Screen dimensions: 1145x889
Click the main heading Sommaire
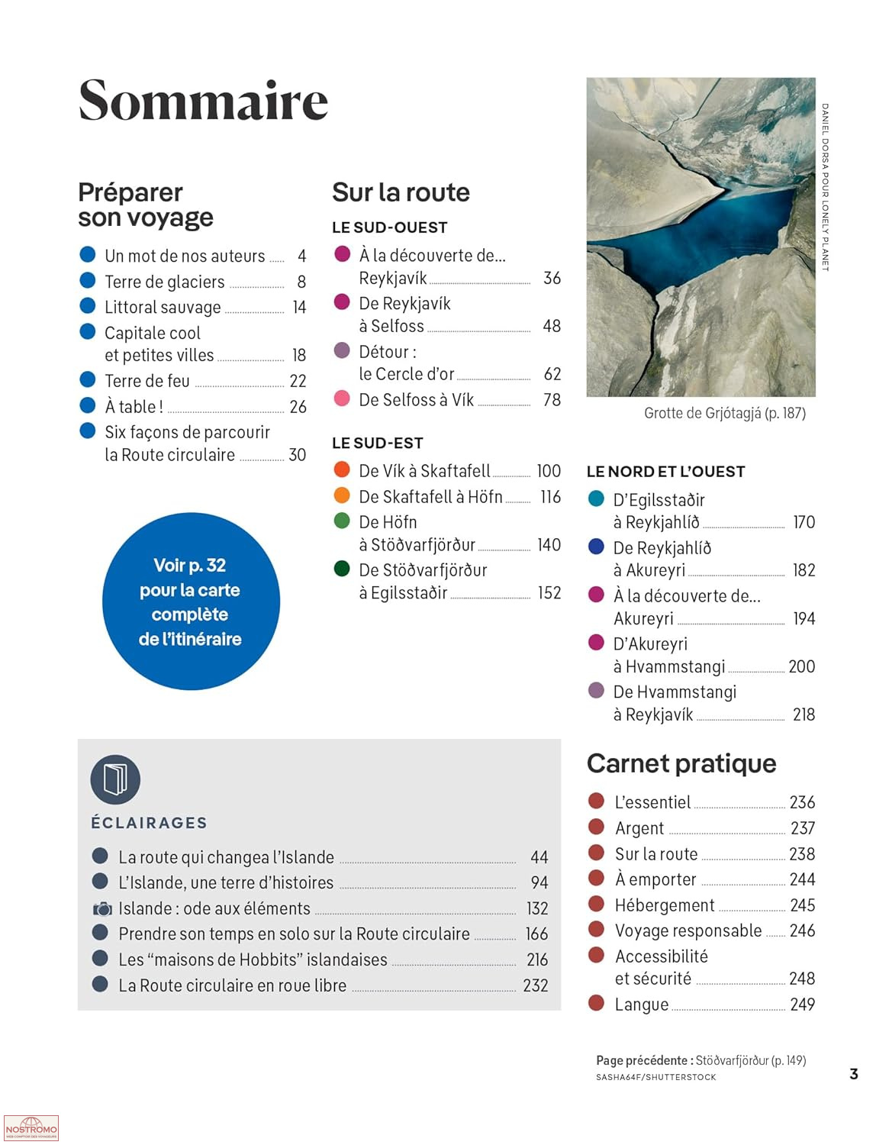(203, 101)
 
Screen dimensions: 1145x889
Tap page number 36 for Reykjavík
(552, 278)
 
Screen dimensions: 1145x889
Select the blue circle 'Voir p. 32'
(191, 602)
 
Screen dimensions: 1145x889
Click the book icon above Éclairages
(115, 779)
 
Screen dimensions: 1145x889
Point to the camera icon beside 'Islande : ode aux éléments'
(101, 908)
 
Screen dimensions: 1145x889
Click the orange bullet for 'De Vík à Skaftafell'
(342, 469)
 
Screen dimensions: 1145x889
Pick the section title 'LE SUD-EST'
(377, 443)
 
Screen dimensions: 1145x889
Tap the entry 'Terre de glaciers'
(165, 282)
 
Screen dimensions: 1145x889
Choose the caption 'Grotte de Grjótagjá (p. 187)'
(724, 413)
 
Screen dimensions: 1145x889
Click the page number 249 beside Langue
(802, 1005)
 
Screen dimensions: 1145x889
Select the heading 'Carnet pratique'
(681, 763)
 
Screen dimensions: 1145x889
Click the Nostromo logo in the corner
(31, 1127)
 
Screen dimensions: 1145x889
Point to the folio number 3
(854, 1074)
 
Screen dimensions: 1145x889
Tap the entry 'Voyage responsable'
(688, 931)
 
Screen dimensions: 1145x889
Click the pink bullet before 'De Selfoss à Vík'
(342, 398)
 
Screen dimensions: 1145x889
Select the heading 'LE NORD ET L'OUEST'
(665, 472)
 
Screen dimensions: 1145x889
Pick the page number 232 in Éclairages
(535, 985)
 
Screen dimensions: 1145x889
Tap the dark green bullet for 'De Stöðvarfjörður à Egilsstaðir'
(342, 569)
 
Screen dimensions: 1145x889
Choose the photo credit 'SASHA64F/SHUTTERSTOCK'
(655, 1077)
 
